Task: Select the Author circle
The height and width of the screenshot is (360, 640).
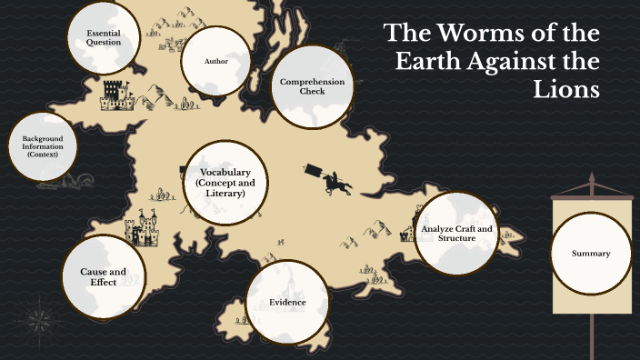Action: tap(215, 61)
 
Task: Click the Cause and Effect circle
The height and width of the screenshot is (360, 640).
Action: tap(103, 275)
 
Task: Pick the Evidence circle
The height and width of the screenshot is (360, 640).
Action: tap(287, 302)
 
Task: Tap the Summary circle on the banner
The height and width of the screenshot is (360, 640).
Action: tap(591, 254)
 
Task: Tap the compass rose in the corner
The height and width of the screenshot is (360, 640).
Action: tap(38, 321)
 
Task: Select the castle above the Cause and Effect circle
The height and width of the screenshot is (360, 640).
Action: tap(146, 227)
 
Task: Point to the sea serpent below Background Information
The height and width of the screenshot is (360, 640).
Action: tap(65, 181)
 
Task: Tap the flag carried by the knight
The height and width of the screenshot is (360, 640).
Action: tap(312, 170)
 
